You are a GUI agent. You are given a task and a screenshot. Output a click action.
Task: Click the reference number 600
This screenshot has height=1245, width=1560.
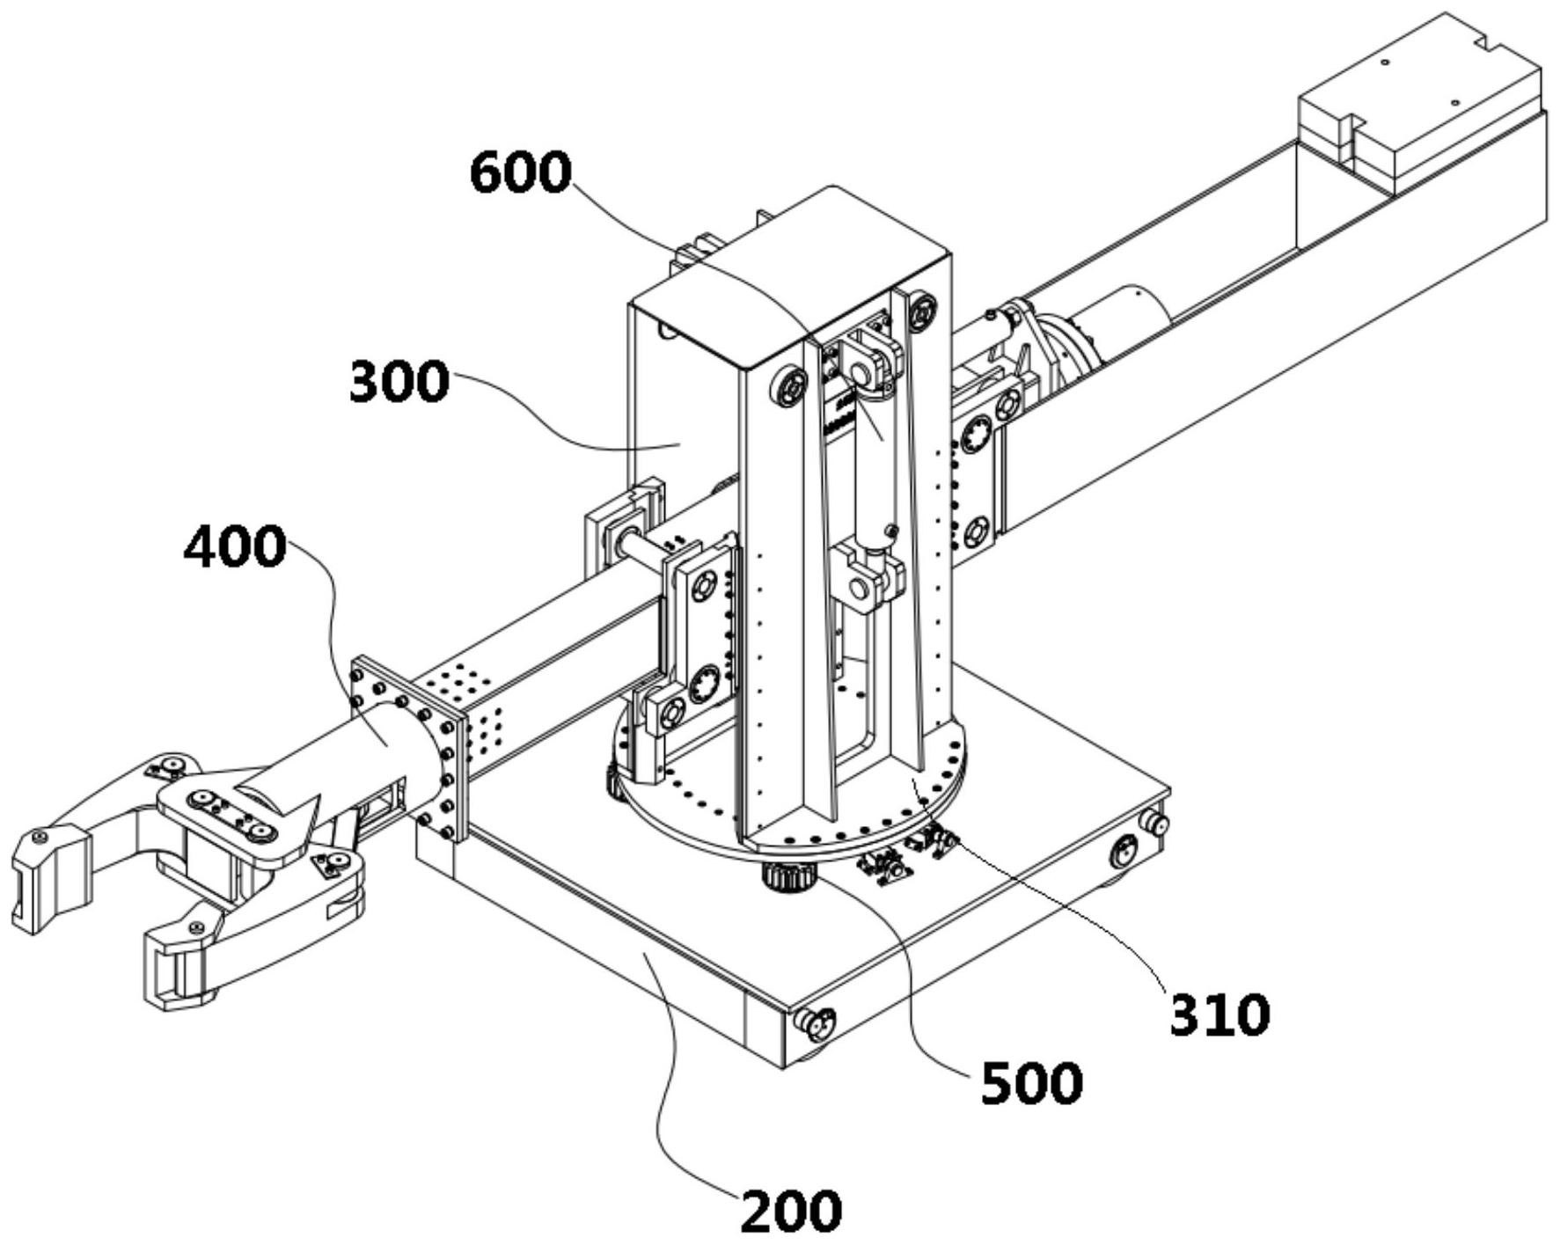coord(521,172)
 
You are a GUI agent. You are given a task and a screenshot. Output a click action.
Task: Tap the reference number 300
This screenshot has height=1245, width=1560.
coord(399,382)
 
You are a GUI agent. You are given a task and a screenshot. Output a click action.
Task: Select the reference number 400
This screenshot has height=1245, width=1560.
coord(235,546)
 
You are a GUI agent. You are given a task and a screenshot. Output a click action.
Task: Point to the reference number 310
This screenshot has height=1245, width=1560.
coord(1220,1014)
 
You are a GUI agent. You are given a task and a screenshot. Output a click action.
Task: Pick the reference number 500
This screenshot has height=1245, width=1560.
coord(1032,1083)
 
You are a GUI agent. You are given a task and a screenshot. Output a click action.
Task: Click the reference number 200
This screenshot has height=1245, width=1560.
coord(791,1212)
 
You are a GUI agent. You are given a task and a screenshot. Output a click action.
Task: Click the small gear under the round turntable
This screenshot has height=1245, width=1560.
coord(789,876)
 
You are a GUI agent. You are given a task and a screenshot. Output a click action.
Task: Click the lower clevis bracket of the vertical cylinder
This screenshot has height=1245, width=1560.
coord(867,577)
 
